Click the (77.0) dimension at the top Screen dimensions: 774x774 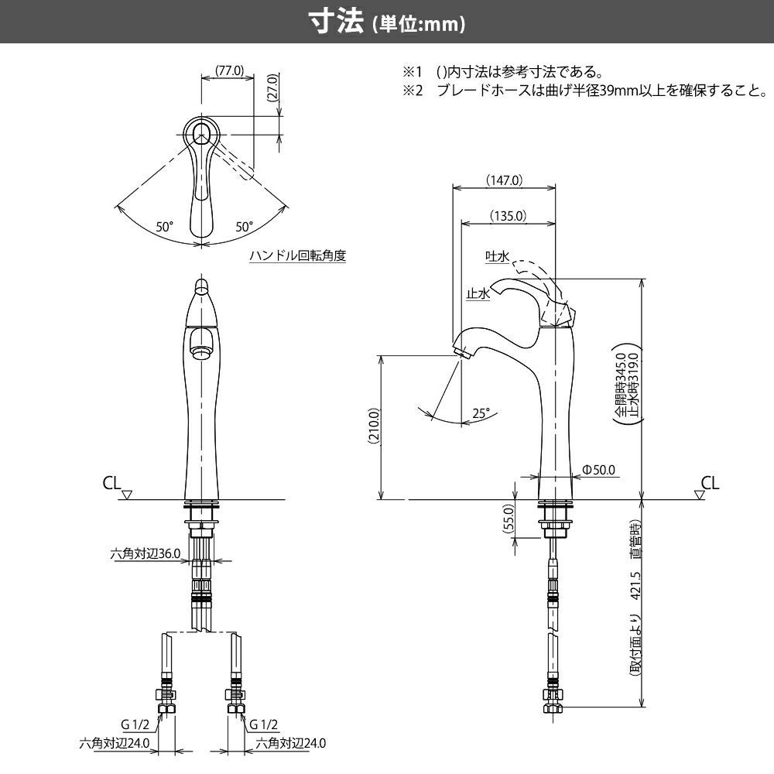229,70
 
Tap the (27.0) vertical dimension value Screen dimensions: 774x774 272,89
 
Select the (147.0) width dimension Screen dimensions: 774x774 504,180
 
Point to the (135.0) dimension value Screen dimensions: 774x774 508,216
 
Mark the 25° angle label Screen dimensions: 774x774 481,414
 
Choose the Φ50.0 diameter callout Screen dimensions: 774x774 598,469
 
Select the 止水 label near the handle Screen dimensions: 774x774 477,294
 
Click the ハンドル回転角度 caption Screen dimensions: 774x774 297,255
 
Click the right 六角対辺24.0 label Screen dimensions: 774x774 291,743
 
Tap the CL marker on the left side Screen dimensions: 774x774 112,484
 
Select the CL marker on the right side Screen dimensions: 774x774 710,484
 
